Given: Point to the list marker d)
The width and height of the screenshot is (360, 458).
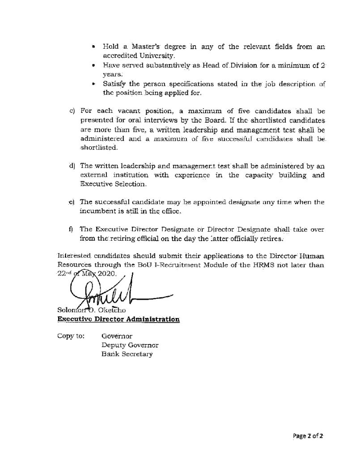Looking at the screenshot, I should [72, 166].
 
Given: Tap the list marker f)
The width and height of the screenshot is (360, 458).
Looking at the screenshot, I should [71, 229].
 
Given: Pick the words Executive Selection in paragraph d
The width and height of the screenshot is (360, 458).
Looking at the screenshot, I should [113, 184].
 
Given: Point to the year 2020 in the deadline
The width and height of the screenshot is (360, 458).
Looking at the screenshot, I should [105, 274].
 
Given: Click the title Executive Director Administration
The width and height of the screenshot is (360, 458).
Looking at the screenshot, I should [119, 319].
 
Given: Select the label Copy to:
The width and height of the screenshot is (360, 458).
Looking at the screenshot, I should [71, 336].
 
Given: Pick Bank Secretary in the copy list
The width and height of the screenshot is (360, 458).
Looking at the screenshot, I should [127, 354].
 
